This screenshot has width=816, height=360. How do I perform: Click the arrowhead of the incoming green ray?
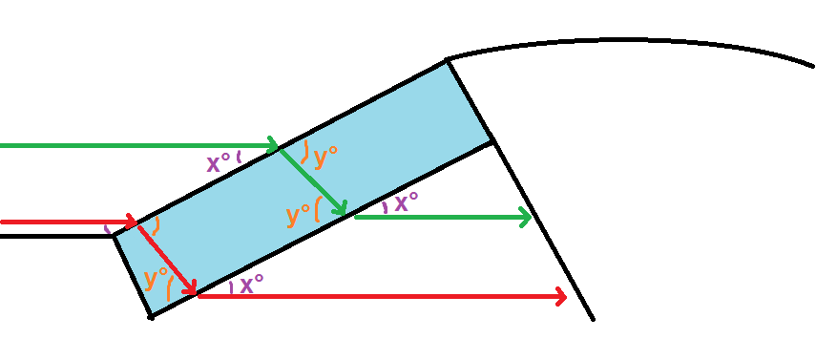pos(274,145)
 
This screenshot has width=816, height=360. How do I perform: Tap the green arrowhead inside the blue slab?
pos(342,209)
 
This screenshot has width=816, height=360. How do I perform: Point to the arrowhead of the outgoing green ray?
pos(526,217)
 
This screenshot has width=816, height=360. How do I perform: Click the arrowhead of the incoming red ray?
pos(131,222)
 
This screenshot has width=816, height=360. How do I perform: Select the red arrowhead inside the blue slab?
pos(191,289)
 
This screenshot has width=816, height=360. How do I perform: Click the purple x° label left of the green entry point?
pos(220,164)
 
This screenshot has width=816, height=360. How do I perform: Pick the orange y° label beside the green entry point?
pos(325,158)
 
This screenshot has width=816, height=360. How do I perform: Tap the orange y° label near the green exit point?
pos(298,216)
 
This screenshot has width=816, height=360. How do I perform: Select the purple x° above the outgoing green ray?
pos(407,203)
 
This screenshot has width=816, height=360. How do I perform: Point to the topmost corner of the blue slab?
pos(447,60)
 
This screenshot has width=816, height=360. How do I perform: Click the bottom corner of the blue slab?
pos(151,316)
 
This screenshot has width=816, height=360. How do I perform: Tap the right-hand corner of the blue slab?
pos(492,139)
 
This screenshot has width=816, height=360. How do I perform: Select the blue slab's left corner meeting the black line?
pos(114,236)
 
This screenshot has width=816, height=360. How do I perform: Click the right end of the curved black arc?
pos(812,66)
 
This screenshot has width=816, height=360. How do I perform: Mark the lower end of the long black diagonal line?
pos(593,319)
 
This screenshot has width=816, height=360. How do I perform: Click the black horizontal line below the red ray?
pos(56,237)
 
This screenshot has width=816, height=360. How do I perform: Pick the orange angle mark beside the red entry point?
pos(156,225)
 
